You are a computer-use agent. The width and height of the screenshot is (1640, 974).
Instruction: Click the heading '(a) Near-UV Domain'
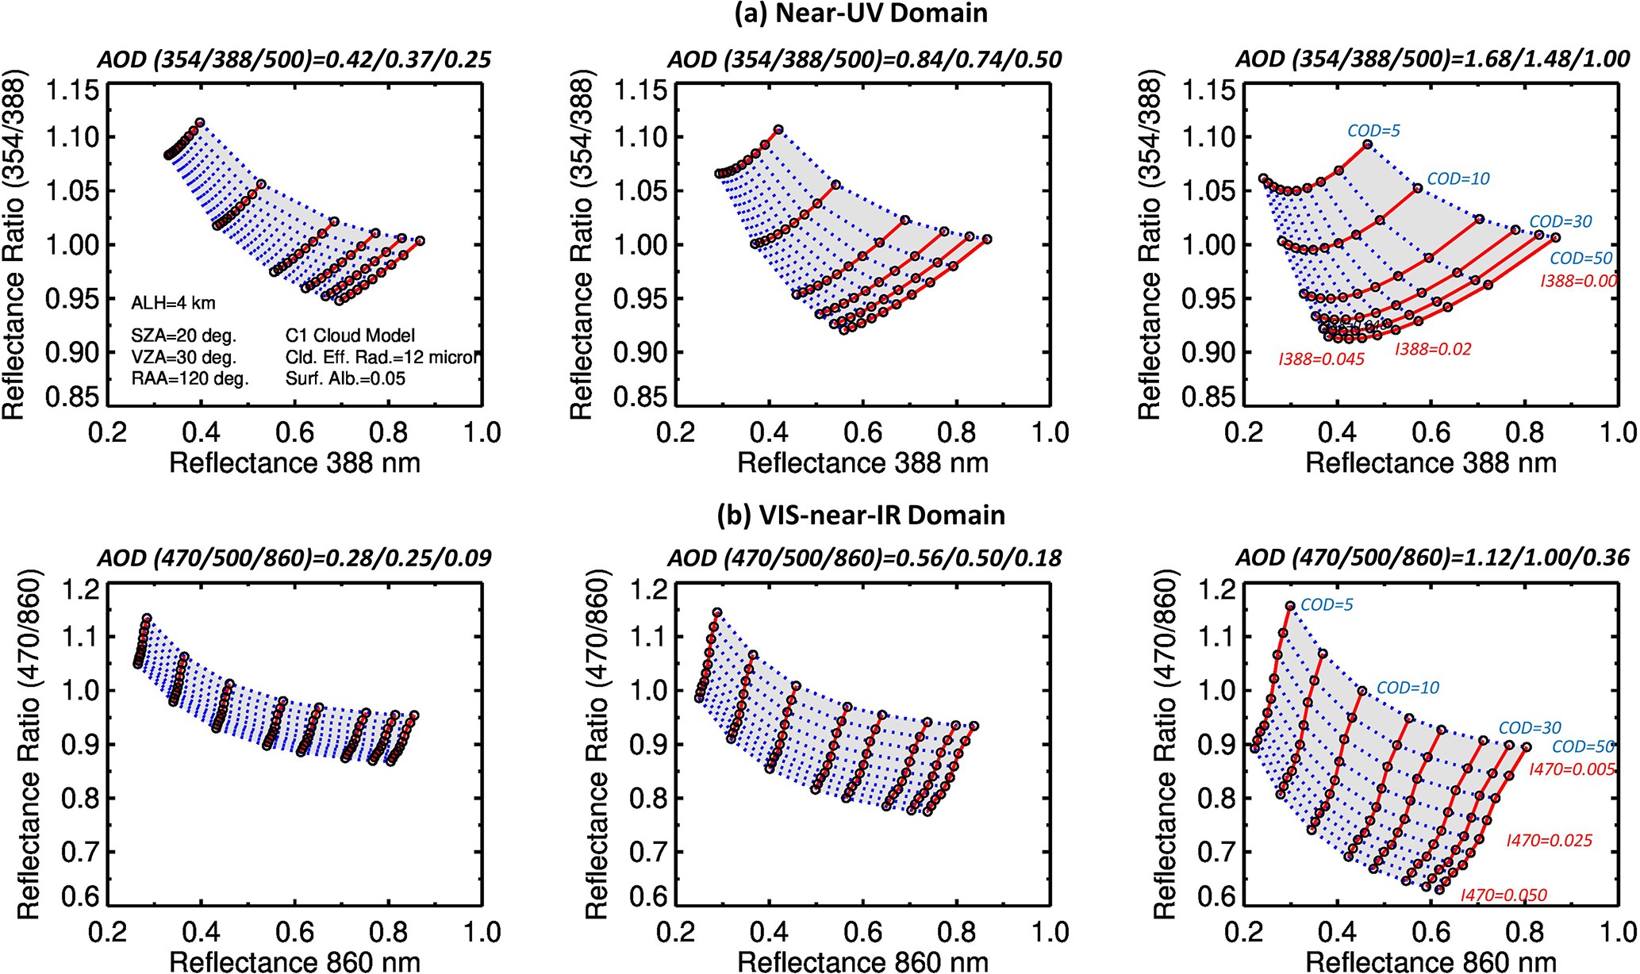[x=860, y=13]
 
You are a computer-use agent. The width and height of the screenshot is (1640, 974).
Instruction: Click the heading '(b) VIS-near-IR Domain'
[x=860, y=516]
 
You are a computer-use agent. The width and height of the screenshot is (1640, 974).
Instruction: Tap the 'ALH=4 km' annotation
[x=173, y=303]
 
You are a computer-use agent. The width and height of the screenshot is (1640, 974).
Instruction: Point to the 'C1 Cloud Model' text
[x=350, y=336]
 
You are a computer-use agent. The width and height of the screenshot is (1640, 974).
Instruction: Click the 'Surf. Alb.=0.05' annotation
[x=345, y=378]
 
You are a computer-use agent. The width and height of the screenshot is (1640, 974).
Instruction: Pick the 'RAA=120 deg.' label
[x=190, y=378]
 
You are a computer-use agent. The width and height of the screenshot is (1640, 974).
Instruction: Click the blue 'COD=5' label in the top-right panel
[x=1373, y=130]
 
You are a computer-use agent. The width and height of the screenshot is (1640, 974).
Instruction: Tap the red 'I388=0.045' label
[x=1321, y=359]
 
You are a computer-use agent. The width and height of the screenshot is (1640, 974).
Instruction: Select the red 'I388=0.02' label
[x=1433, y=349]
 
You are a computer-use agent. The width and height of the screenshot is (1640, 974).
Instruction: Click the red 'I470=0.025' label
[x=1549, y=841]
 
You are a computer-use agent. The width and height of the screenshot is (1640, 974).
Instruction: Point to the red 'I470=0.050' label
[x=1504, y=895]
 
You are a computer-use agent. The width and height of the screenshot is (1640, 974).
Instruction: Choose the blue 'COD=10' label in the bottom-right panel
[x=1407, y=688]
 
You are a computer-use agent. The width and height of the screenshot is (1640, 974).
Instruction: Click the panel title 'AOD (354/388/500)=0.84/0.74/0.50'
[x=864, y=59]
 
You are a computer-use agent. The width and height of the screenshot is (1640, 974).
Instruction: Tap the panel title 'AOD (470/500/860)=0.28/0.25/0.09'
[x=294, y=558]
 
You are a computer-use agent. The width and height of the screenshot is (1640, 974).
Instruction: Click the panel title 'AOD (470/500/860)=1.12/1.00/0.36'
[x=1432, y=558]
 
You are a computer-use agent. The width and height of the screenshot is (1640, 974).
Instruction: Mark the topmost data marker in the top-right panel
[x=1368, y=144]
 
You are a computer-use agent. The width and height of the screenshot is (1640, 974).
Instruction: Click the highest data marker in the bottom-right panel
[x=1290, y=606]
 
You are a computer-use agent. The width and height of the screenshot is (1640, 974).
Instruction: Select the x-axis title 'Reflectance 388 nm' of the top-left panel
[x=294, y=463]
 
